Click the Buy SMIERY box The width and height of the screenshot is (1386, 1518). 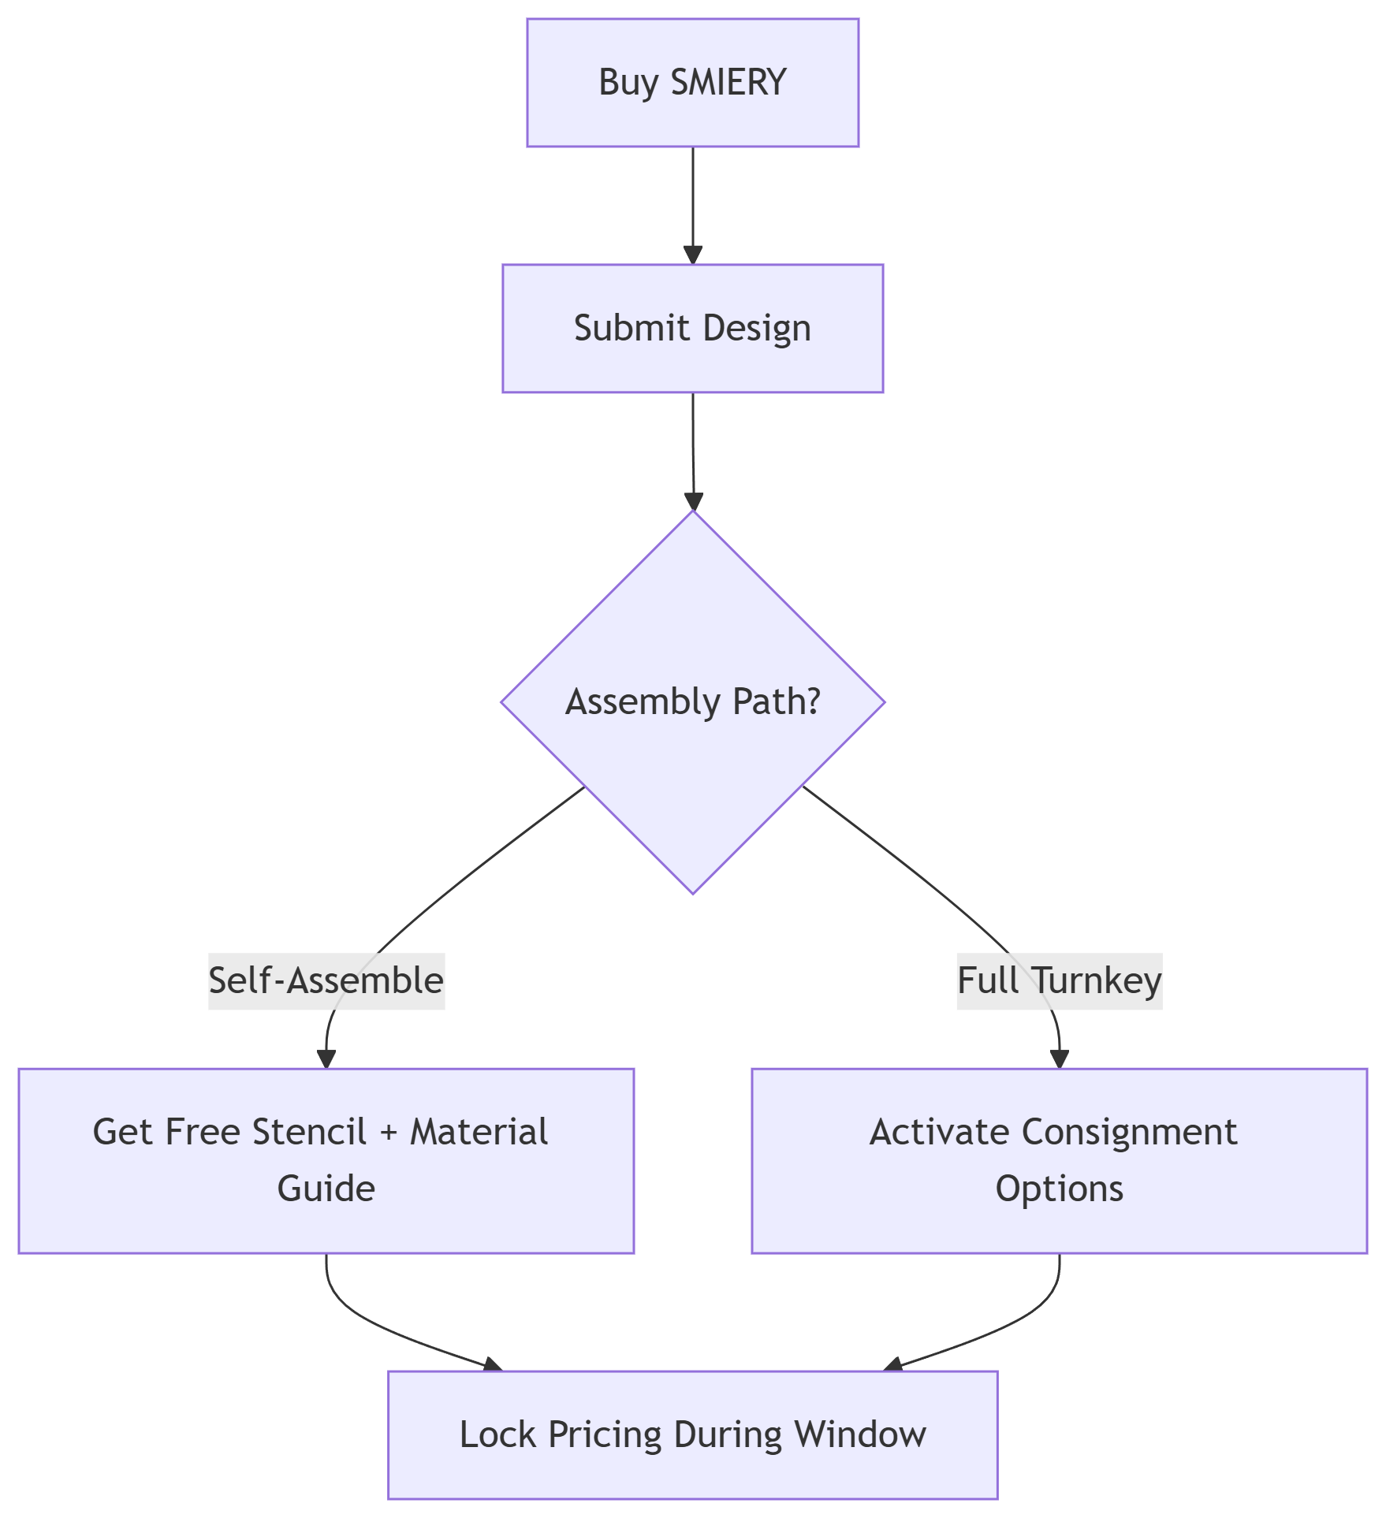692,83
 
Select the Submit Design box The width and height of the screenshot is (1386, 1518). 692,328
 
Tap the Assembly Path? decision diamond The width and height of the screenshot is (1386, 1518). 692,701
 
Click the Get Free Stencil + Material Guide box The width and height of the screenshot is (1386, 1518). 326,1160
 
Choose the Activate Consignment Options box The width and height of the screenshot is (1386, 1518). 1059,1160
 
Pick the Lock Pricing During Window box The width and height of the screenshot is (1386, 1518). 692,1434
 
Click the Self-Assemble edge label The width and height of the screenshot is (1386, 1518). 326,980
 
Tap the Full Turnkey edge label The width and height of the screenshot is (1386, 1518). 1059,980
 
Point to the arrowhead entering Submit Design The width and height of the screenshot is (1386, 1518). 692,255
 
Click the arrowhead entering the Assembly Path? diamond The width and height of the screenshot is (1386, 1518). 693,501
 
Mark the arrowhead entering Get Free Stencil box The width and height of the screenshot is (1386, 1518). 326,1059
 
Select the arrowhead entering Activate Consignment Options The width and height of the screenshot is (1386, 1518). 1060,1059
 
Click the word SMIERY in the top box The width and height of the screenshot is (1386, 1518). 728,83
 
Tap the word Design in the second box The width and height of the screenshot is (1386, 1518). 757,328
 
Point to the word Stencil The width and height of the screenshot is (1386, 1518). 310,1132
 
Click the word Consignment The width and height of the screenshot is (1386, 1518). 1129,1132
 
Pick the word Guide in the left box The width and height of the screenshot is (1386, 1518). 326,1189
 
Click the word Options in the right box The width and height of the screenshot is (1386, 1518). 1059,1189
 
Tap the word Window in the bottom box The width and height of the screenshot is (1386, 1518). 860,1434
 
